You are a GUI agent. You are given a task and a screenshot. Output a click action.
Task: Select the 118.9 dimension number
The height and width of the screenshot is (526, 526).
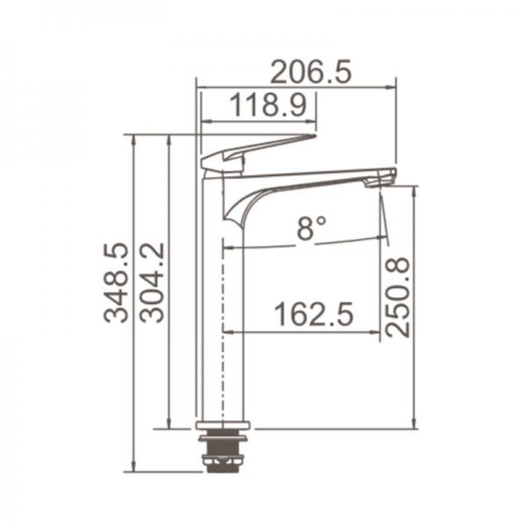click(x=267, y=106)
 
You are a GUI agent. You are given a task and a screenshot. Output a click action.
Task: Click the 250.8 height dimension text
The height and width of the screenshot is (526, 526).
click(x=398, y=296)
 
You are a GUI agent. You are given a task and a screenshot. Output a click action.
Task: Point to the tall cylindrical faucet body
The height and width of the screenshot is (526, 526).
click(x=213, y=316)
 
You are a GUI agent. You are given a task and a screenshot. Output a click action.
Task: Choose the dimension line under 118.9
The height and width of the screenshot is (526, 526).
click(x=259, y=121)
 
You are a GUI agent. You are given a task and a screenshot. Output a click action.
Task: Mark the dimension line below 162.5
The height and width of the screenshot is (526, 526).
click(x=302, y=332)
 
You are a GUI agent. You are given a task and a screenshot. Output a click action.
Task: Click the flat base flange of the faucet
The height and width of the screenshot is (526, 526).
click(x=223, y=426)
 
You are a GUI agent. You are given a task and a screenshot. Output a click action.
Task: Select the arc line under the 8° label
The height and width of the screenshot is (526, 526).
click(x=307, y=244)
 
